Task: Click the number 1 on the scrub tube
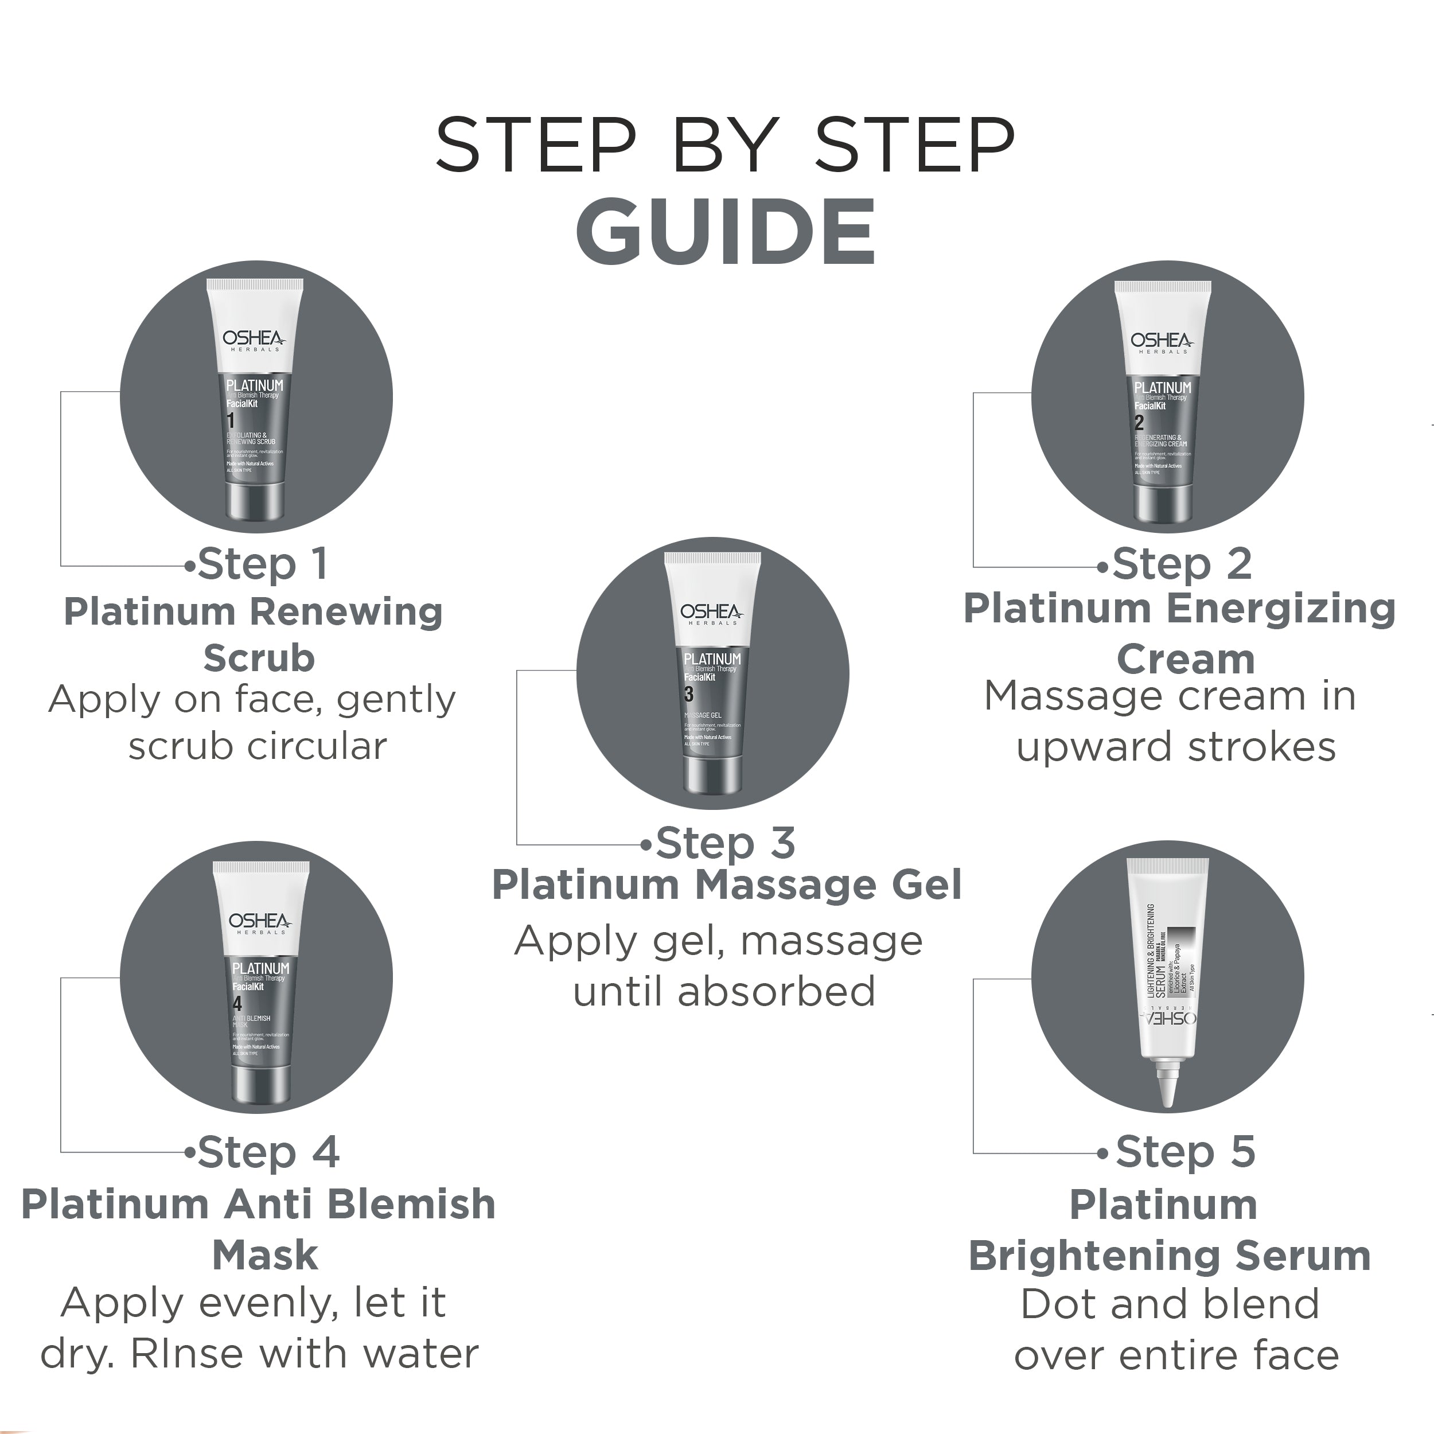[x=231, y=421]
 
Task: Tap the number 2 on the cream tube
[x=1139, y=423]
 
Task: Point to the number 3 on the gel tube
[x=688, y=694]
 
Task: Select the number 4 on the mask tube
[x=237, y=1004]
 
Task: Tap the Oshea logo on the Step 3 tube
[x=710, y=613]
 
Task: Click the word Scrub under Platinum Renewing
[x=259, y=658]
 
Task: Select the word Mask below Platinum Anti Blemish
[x=265, y=1255]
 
